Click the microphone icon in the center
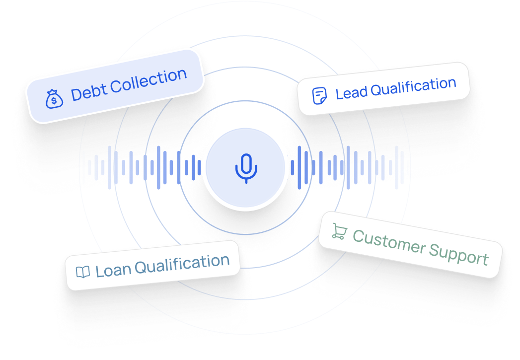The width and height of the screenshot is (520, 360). click(x=246, y=167)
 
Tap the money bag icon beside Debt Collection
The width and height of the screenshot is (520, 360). click(x=55, y=99)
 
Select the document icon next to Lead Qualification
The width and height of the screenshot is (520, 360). click(x=319, y=95)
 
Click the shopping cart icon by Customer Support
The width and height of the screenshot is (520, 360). click(x=339, y=231)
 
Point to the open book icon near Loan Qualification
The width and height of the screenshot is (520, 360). click(x=82, y=272)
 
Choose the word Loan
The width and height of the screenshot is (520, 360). click(x=113, y=270)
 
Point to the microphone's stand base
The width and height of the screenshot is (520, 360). click(x=246, y=181)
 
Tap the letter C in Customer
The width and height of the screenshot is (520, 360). click(x=359, y=236)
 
